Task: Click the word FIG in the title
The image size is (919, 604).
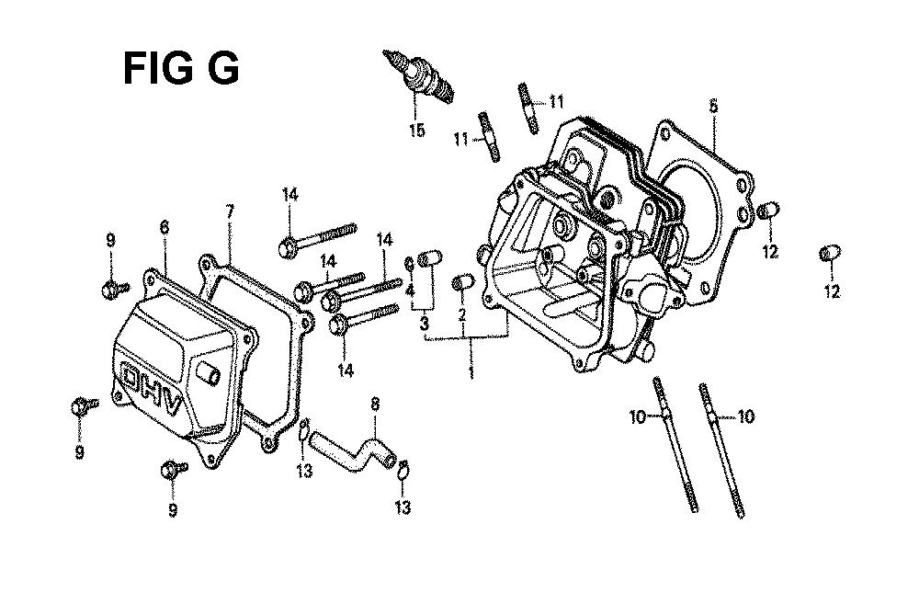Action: click(158, 69)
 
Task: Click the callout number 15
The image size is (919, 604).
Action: click(417, 130)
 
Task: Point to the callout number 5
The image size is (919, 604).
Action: click(713, 106)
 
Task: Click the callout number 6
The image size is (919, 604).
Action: click(165, 227)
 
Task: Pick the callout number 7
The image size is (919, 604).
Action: click(230, 211)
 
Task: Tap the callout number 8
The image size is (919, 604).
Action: click(375, 404)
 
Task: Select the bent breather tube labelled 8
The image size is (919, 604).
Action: click(353, 451)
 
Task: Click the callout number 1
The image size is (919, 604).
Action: click(471, 371)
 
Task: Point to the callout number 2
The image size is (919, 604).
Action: click(462, 315)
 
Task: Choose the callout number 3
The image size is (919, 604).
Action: click(424, 323)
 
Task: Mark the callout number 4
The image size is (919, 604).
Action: click(410, 290)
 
